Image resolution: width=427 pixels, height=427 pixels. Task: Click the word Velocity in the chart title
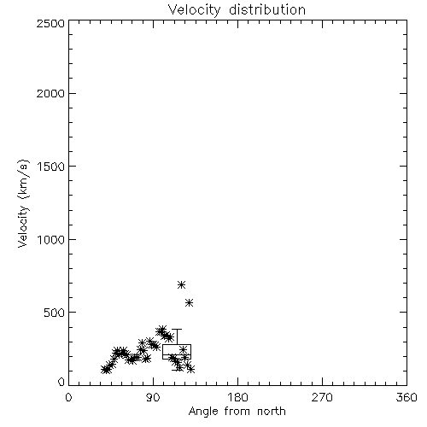pyautogui.click(x=195, y=10)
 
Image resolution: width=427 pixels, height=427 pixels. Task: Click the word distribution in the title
pyautogui.click(x=267, y=9)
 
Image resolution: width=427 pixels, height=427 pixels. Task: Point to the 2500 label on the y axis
pyautogui.click(x=50, y=23)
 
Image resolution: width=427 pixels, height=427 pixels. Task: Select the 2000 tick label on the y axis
pyautogui.click(x=50, y=93)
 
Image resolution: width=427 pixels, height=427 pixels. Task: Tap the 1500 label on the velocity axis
pyautogui.click(x=51, y=167)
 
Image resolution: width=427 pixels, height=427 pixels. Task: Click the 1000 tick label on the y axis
pyautogui.click(x=51, y=240)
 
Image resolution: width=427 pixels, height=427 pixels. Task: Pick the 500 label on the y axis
pyautogui.click(x=55, y=313)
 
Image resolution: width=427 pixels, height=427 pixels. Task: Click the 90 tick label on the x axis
pyautogui.click(x=153, y=397)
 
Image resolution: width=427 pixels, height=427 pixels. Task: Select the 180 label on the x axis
pyautogui.click(x=237, y=397)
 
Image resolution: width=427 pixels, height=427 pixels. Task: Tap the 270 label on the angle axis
pyautogui.click(x=322, y=397)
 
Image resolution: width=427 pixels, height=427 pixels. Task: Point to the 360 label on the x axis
pyautogui.click(x=407, y=397)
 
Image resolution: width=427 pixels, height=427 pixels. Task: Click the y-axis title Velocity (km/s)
pyautogui.click(x=24, y=203)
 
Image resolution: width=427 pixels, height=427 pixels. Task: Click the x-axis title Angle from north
pyautogui.click(x=237, y=412)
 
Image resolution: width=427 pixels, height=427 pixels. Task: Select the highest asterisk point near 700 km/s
pyautogui.click(x=181, y=284)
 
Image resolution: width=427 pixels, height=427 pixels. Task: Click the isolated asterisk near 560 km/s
pyautogui.click(x=190, y=303)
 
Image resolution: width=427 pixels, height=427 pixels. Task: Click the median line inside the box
pyautogui.click(x=177, y=354)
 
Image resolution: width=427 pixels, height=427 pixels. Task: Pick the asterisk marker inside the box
pyautogui.click(x=183, y=349)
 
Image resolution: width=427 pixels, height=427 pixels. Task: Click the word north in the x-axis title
pyautogui.click(x=271, y=412)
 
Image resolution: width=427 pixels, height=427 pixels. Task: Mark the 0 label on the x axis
pyautogui.click(x=68, y=397)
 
